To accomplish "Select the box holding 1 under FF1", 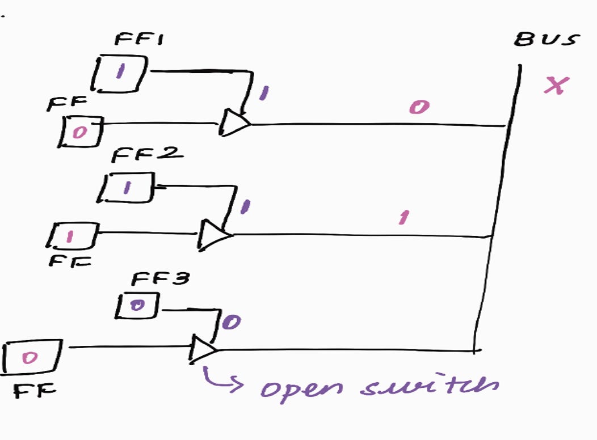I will pyautogui.click(x=120, y=73).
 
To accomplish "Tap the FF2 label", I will pyautogui.click(x=139, y=154).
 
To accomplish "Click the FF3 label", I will pyautogui.click(x=153, y=278).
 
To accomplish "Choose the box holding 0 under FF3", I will pyautogui.click(x=137, y=306).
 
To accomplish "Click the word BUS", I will pyautogui.click(x=546, y=40).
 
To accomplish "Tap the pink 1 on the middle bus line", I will pyautogui.click(x=403, y=217).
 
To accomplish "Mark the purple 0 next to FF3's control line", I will pyautogui.click(x=232, y=322).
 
